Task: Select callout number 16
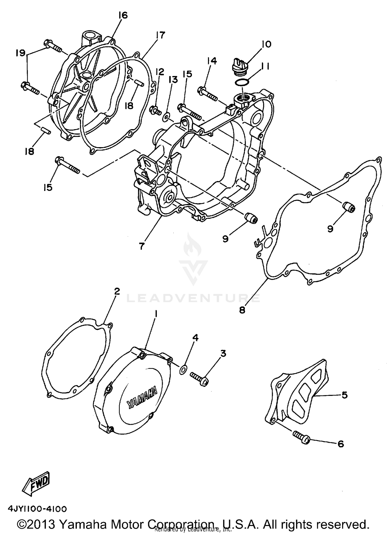pyautogui.click(x=123, y=15)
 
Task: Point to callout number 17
pyautogui.click(x=160, y=35)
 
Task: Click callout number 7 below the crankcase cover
pyautogui.click(x=141, y=246)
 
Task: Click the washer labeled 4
pyautogui.click(x=183, y=370)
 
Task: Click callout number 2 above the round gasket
pyautogui.click(x=117, y=291)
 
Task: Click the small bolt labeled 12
pyautogui.click(x=155, y=111)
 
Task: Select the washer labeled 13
pyautogui.click(x=165, y=118)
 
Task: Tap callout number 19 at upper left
pyautogui.click(x=20, y=53)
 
